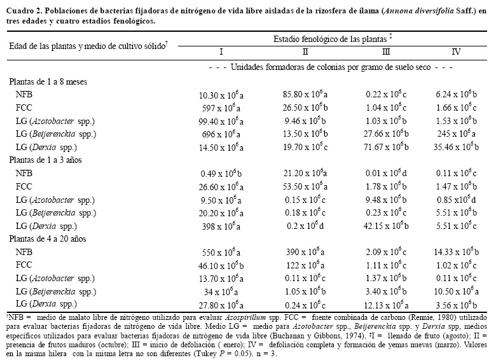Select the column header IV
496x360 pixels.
[456, 52]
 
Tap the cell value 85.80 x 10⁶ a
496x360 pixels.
[305, 94]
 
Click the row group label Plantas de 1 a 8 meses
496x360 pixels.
[48, 81]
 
